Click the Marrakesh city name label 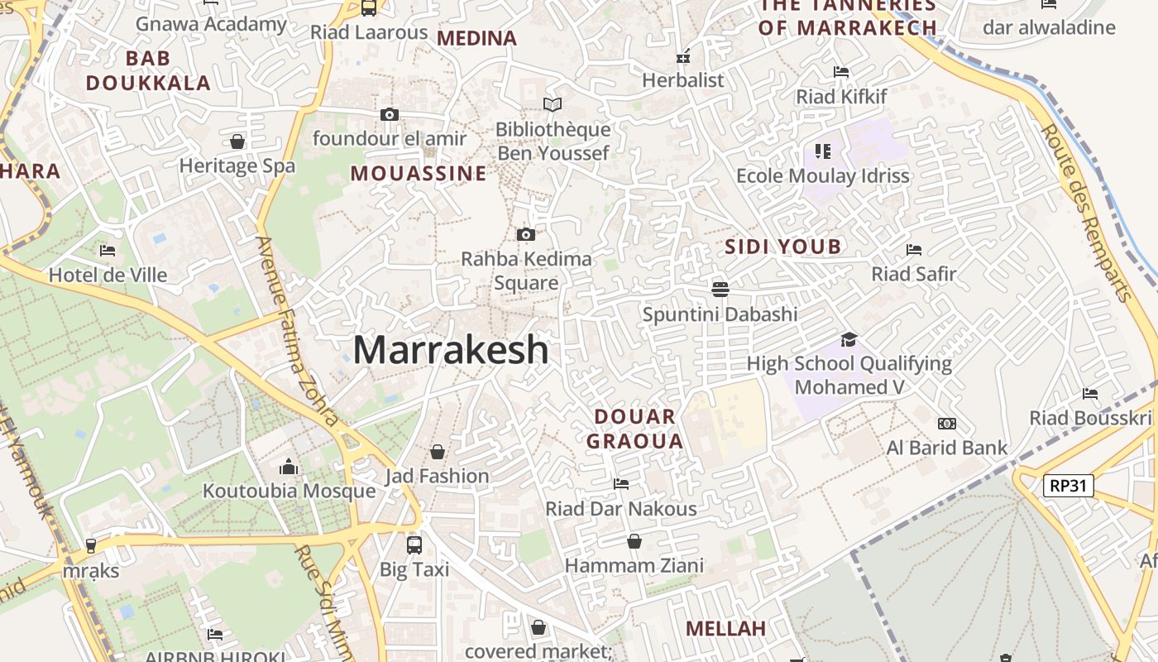pos(451,350)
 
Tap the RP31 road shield pos(1067,486)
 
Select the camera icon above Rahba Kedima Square pos(525,235)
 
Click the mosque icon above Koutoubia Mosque pos(289,467)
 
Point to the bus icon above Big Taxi pos(414,545)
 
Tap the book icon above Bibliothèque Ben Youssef pos(553,105)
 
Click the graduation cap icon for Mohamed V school pos(849,339)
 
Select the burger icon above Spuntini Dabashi pos(720,289)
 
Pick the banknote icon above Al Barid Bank pos(947,424)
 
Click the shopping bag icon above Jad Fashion pos(438,452)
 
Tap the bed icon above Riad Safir pos(914,250)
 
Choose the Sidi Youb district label pos(783,247)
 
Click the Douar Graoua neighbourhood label pos(635,429)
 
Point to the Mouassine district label pos(419,174)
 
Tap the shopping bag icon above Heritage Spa pos(237,142)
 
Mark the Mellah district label pos(725,629)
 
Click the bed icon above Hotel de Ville pos(108,250)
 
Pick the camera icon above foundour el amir pos(390,115)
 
